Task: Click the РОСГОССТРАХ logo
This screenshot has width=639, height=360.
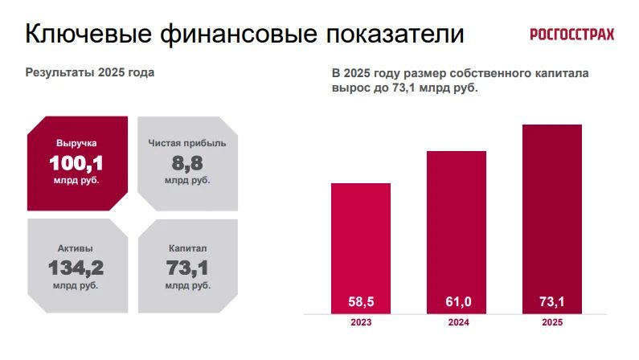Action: point(571,35)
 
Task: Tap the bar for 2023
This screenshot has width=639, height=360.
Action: point(361,248)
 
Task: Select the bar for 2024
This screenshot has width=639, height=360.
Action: point(457,232)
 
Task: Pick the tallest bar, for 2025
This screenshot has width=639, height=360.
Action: point(552,219)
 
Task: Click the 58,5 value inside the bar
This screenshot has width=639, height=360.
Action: point(361,302)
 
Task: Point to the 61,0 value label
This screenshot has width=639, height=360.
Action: point(458,302)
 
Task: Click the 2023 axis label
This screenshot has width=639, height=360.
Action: point(361,322)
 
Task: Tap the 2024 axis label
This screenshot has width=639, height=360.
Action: point(458,322)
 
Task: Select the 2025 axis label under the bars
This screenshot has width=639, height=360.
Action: point(552,322)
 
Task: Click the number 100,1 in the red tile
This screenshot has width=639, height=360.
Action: point(76,164)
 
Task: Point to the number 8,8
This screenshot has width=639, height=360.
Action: point(187,164)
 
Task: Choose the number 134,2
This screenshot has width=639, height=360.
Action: point(76,268)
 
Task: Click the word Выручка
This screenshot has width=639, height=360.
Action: point(76,143)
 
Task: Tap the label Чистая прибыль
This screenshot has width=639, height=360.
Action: point(187,143)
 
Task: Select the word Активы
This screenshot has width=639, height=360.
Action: point(76,248)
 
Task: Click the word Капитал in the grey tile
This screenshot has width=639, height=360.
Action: point(188,248)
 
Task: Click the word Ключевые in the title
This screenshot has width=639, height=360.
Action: point(88,34)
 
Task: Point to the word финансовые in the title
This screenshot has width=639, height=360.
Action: point(239,34)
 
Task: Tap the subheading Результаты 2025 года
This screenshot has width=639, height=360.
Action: point(90,73)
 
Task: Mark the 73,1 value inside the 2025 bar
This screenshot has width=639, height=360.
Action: point(552,302)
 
